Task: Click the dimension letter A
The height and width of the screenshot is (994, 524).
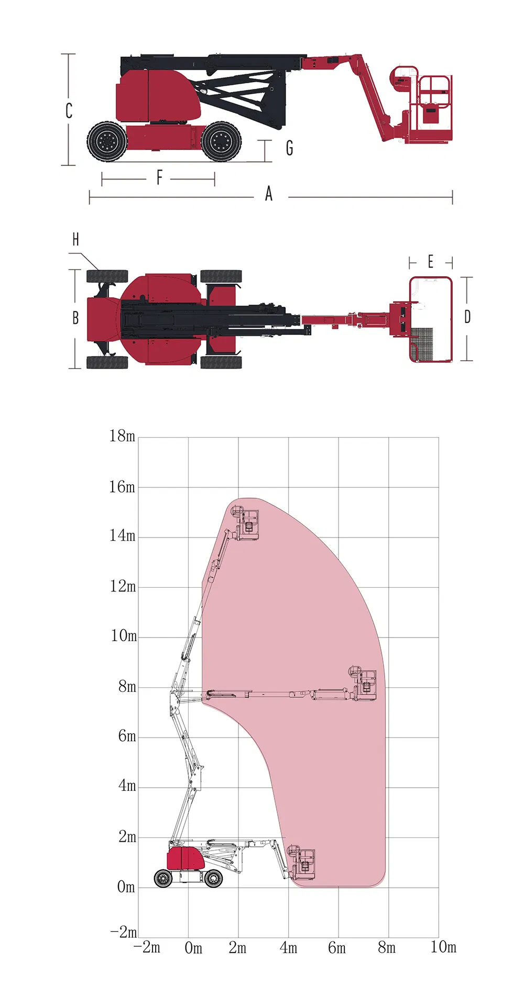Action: click(269, 194)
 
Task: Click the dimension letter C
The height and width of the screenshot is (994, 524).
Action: click(69, 111)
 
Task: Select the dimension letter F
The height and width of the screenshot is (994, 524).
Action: click(159, 177)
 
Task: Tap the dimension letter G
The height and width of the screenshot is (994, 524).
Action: click(289, 148)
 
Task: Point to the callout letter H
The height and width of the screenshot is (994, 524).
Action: click(76, 240)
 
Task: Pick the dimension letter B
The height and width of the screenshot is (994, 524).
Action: click(75, 318)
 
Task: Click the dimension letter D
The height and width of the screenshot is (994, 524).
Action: click(467, 317)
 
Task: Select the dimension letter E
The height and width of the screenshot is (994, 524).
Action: click(431, 262)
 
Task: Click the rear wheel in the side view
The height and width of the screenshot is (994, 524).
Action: click(107, 141)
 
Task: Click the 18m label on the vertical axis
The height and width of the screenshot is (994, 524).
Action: click(122, 436)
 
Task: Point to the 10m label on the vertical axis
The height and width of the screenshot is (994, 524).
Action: click(124, 636)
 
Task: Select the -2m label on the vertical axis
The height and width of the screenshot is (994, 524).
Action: click(124, 932)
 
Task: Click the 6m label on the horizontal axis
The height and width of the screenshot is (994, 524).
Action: click(337, 948)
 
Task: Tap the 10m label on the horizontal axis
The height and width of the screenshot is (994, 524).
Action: click(443, 947)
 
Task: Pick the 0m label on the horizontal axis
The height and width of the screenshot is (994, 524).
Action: click(193, 948)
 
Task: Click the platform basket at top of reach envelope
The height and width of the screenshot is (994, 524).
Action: click(247, 523)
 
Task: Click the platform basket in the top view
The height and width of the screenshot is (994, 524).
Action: click(431, 319)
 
